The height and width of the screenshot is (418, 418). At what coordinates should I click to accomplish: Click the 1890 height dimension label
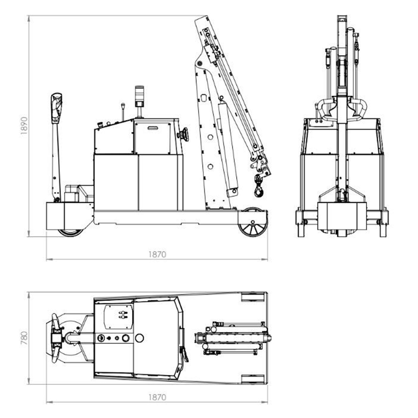pyautogui.click(x=24, y=125)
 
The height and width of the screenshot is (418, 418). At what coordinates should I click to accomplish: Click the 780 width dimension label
pyautogui.click(x=24, y=338)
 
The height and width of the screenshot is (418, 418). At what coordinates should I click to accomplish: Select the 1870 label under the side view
pyautogui.click(x=157, y=255)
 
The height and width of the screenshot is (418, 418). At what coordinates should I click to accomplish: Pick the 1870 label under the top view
pyautogui.click(x=157, y=398)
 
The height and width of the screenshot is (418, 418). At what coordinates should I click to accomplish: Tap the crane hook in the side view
pyautogui.click(x=259, y=186)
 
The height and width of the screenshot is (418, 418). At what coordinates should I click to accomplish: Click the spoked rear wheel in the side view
pyautogui.click(x=253, y=222)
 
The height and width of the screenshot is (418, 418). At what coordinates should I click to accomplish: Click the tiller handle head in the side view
pyautogui.click(x=56, y=108)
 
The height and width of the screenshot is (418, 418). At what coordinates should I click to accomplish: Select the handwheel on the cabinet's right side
pyautogui.click(x=184, y=134)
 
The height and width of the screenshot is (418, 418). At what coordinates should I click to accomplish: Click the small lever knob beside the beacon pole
pyautogui.click(x=123, y=106)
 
